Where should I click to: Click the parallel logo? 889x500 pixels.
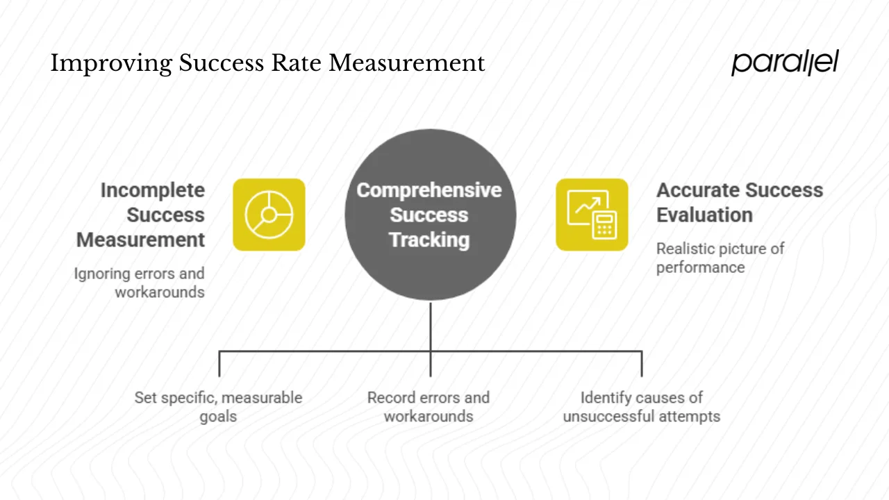[785, 62]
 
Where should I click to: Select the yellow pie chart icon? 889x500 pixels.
[269, 215]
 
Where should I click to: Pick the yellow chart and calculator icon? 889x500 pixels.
[592, 215]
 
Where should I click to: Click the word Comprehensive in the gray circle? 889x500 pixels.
[429, 190]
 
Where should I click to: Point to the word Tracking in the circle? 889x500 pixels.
[429, 240]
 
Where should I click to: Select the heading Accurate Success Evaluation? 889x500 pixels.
[739, 202]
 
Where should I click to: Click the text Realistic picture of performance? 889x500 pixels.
[720, 258]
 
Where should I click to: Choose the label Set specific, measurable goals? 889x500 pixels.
[218, 407]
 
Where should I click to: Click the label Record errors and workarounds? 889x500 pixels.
[429, 407]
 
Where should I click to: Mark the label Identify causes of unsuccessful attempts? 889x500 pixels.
[641, 407]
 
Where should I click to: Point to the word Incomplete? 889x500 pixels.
[153, 190]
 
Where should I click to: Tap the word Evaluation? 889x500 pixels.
[704, 215]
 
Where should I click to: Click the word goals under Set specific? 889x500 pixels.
[218, 417]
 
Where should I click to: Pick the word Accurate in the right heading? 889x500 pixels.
[697, 190]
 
